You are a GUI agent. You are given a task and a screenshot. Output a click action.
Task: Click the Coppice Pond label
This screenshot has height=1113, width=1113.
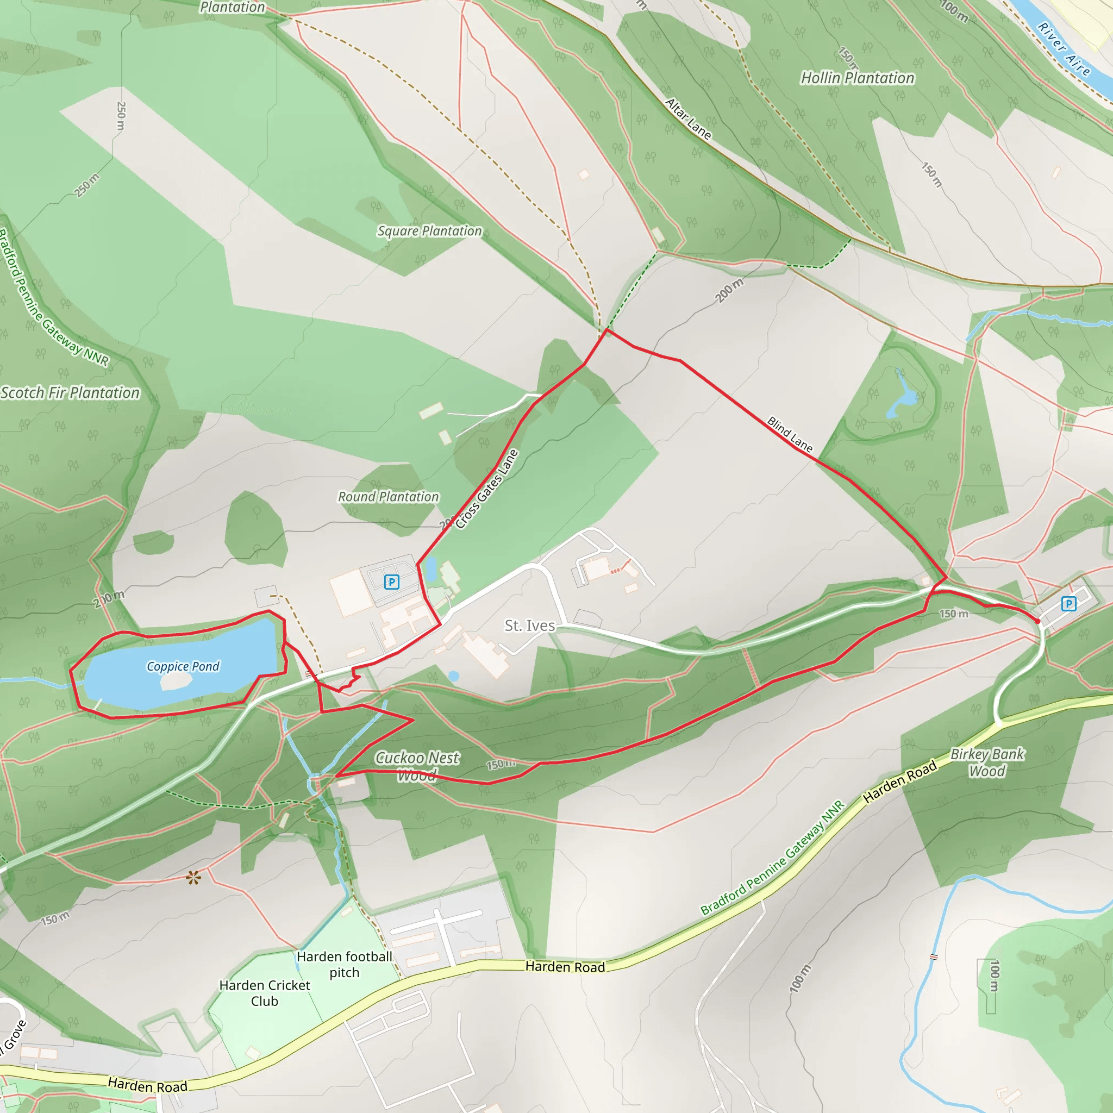pos(183,666)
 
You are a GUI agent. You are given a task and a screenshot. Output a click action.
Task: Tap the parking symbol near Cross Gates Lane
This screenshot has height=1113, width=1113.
pos(391,582)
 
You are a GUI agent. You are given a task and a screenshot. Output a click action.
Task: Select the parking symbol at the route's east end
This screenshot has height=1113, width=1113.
pos(1068,604)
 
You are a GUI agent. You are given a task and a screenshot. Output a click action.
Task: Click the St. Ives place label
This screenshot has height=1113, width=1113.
pos(529,626)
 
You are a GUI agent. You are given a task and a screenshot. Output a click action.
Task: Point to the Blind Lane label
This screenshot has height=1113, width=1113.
pos(790,435)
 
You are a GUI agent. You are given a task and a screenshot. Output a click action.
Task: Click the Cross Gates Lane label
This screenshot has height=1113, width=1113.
pos(487,489)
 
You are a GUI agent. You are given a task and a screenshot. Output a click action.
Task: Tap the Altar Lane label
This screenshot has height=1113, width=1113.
pos(689,119)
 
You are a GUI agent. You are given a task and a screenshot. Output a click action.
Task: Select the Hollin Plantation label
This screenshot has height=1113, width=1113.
pos(857,78)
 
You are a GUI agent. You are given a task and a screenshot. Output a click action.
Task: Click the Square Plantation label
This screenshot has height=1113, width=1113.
pos(429,231)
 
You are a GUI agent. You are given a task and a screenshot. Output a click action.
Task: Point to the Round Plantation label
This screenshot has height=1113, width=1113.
pos(387,497)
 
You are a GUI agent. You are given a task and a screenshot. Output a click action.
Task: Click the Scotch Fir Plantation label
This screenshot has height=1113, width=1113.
pos(70,393)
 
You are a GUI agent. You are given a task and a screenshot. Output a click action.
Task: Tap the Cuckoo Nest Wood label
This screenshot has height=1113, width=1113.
pos(417,766)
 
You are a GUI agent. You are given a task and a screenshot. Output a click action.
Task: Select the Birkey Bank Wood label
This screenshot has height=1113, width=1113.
pos(987,762)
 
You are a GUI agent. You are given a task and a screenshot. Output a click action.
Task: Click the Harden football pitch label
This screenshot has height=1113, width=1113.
pos(344,965)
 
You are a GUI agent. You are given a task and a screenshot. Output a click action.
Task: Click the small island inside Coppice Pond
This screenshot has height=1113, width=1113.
pos(176,681)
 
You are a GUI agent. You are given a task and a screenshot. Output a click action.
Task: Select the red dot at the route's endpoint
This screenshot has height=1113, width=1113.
pos(1037,621)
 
